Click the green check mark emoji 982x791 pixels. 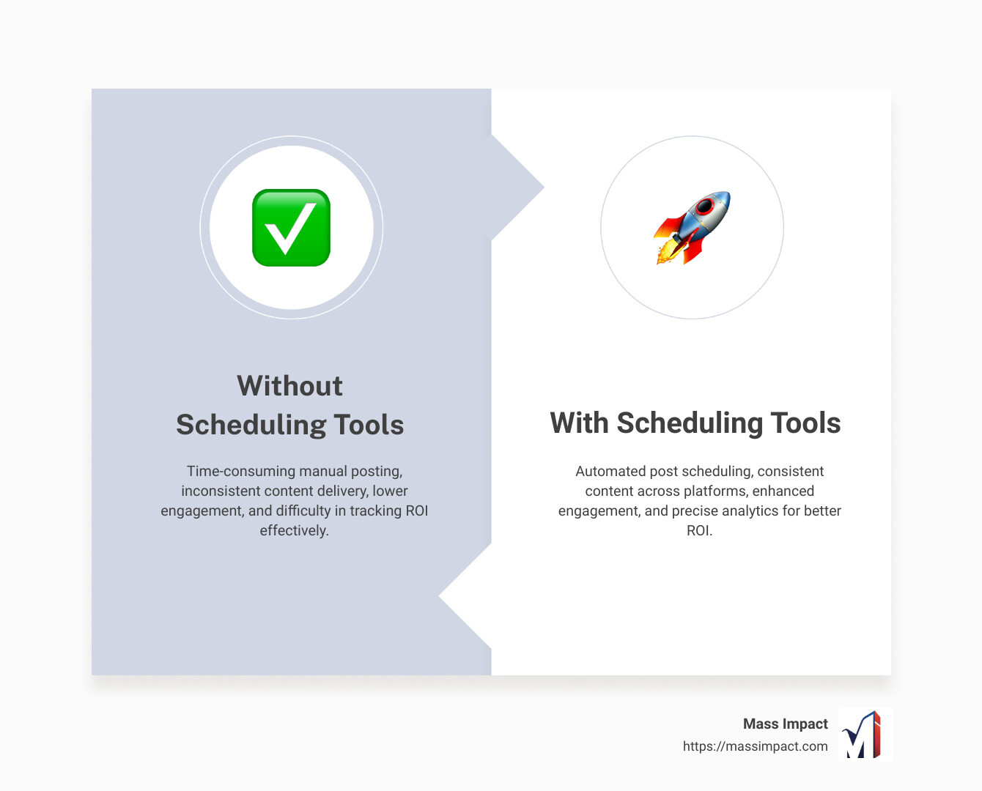[x=291, y=228]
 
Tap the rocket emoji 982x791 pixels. [x=693, y=227]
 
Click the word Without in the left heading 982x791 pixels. [x=289, y=386]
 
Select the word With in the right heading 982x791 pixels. [x=579, y=423]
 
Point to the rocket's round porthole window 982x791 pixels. [x=705, y=207]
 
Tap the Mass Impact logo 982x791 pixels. [x=865, y=734]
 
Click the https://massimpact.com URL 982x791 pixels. [x=755, y=746]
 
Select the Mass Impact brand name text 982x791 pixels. [x=785, y=724]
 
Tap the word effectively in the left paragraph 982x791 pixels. [x=293, y=530]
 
